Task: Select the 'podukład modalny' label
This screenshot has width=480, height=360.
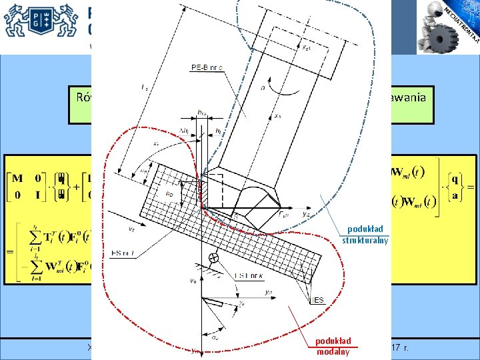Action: pos(333,347)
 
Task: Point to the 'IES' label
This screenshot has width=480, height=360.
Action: pos(318,301)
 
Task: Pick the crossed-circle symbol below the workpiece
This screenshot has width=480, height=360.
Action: pos(215,259)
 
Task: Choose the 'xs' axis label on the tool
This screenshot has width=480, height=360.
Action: pos(277,116)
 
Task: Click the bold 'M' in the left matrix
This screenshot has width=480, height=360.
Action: pos(18,179)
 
